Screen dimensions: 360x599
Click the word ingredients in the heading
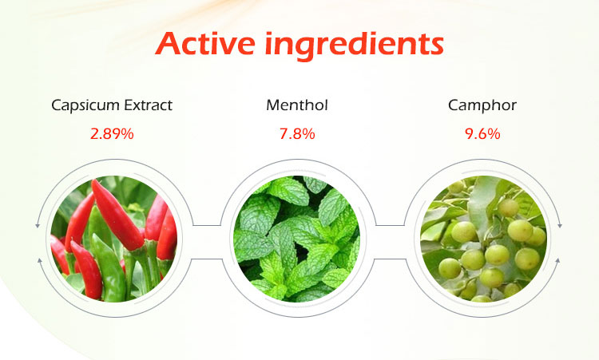359,44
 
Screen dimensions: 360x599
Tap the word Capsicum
84,105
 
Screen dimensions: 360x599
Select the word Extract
146,105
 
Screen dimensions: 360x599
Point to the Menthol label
297,105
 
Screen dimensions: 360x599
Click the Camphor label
482,105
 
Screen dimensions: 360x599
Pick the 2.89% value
112,133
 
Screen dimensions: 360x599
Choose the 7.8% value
297,133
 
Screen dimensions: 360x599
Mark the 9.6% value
482,133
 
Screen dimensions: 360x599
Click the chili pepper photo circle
113,237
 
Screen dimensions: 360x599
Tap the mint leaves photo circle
298,237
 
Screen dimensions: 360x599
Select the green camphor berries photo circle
482,237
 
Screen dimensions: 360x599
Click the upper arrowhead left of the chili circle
38,227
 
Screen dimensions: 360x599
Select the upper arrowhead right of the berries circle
559,227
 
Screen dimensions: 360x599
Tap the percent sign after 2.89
127,133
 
